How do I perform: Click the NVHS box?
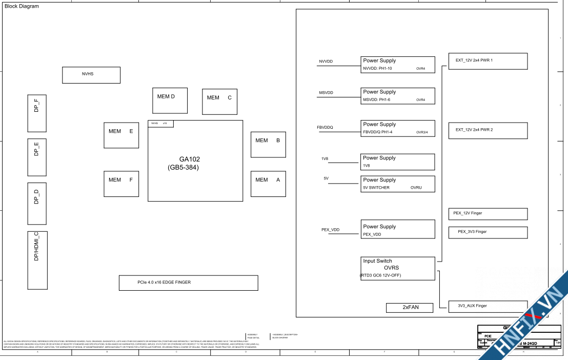pos(91,75)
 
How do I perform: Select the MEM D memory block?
pos(170,101)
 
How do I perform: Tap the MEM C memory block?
pos(219,102)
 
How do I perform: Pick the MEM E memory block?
pos(121,135)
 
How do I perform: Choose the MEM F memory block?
pos(121,184)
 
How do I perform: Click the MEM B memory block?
pos(268,145)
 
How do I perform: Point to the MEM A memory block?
pos(268,184)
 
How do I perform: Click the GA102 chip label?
pos(183,159)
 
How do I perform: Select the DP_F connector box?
pos(37,113)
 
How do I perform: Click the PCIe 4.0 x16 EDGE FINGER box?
pos(188,283)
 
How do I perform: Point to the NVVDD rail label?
pos(326,62)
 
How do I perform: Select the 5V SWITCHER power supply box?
pos(398,184)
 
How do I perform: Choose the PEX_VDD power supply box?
pos(398,230)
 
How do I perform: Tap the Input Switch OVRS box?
pos(398,268)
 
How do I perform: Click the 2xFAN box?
pos(410,308)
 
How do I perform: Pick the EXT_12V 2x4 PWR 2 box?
pos(488,130)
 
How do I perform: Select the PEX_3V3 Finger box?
pos(488,232)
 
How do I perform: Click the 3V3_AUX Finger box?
pos(488,306)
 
